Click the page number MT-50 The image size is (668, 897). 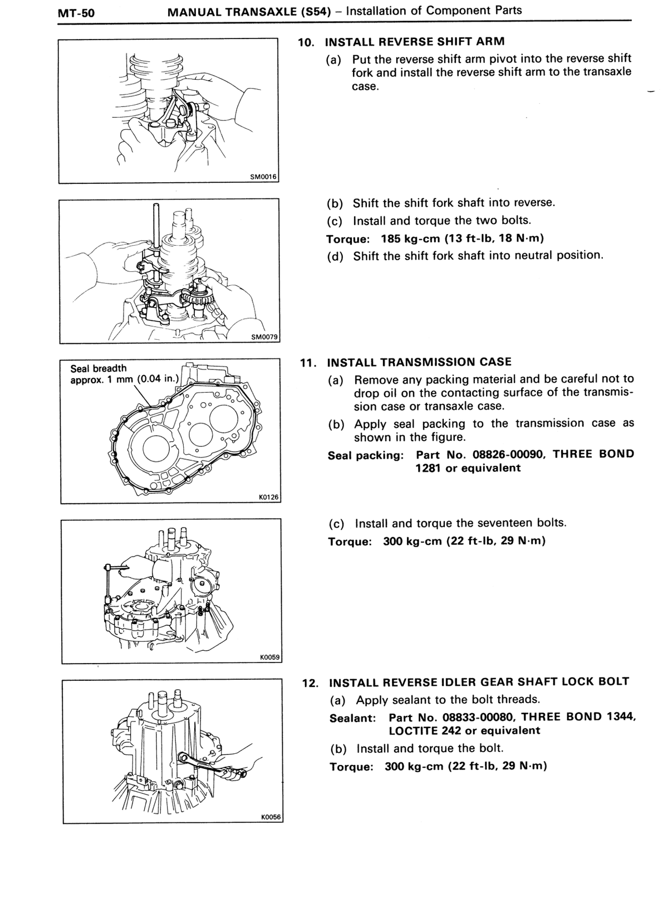tap(76, 13)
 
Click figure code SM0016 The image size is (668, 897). tap(263, 177)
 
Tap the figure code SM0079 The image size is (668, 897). tap(264, 337)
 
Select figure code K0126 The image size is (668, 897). tap(269, 498)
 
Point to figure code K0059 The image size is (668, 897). tap(269, 657)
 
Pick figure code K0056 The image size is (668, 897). tap(271, 817)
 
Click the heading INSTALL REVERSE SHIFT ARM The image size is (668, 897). tap(414, 42)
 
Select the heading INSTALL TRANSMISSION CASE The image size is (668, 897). tap(419, 362)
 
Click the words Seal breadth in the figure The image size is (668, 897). tap(99, 369)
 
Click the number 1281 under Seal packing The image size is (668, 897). tap(428, 468)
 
